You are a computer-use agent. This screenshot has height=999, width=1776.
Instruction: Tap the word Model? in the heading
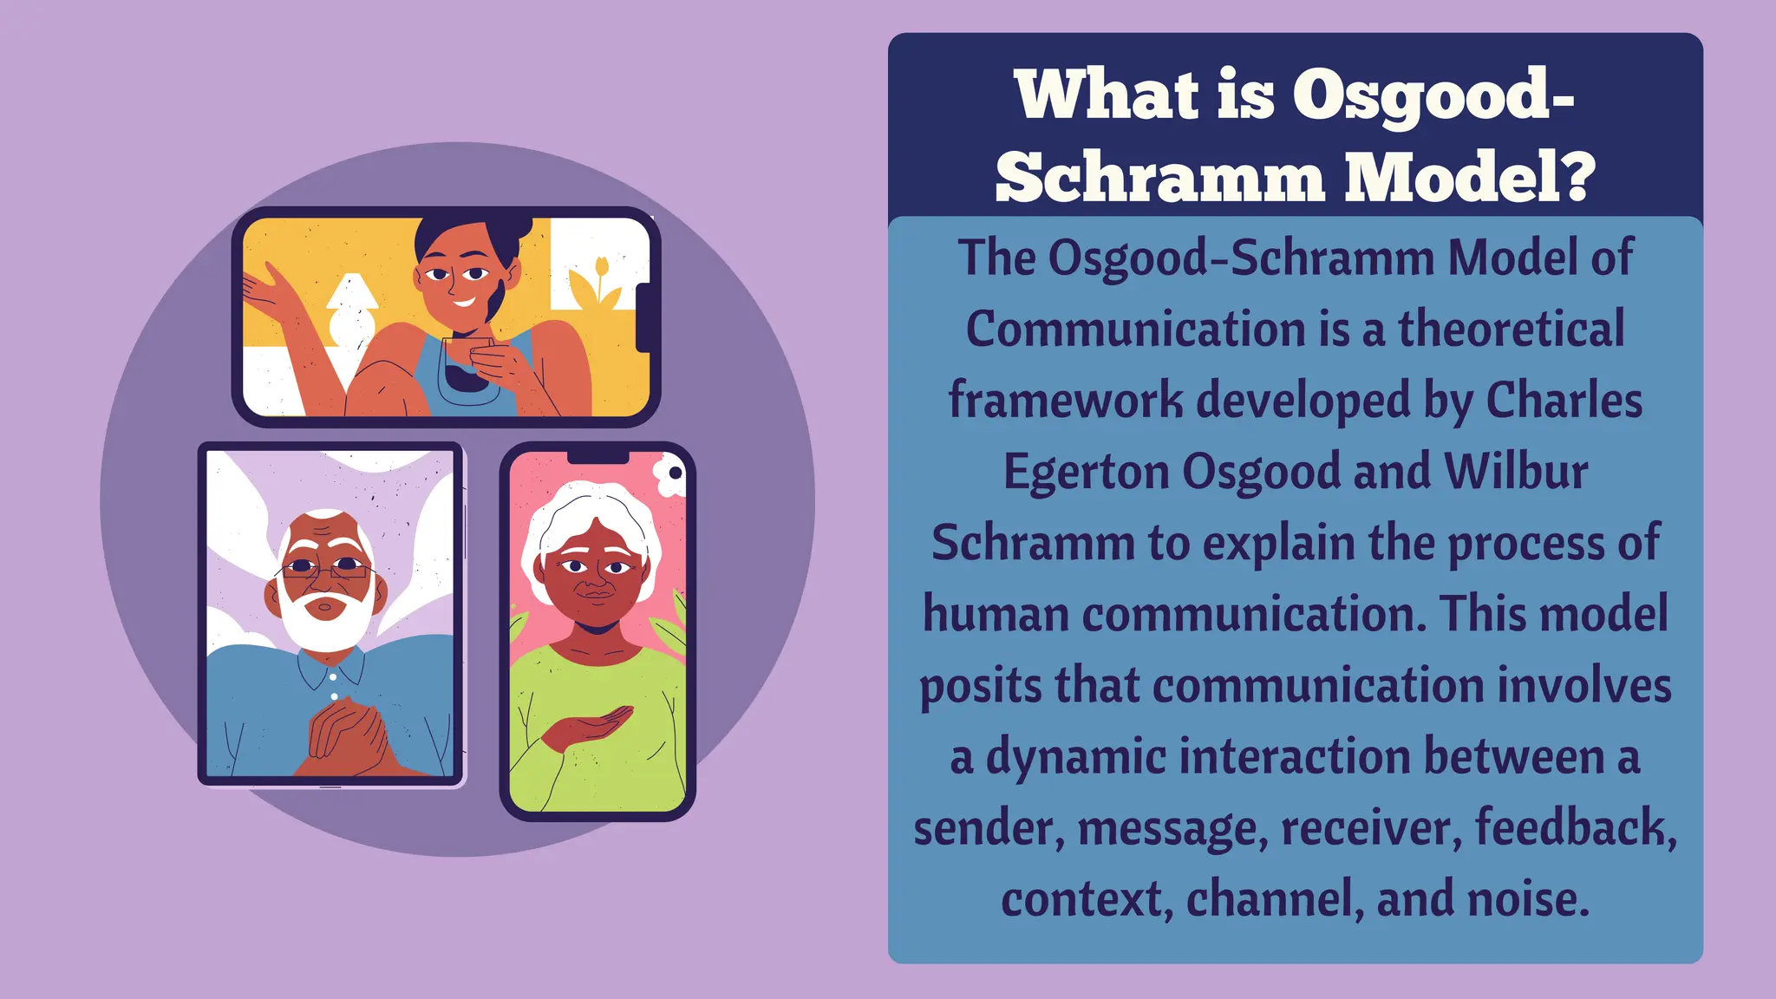[x=1470, y=178]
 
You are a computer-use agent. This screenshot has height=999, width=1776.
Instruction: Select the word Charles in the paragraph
[x=1564, y=401]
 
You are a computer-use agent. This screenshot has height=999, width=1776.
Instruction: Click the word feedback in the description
[x=1574, y=827]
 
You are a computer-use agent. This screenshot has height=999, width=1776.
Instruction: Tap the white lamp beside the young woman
[x=350, y=312]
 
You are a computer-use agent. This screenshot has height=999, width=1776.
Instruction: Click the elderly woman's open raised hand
[x=590, y=728]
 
